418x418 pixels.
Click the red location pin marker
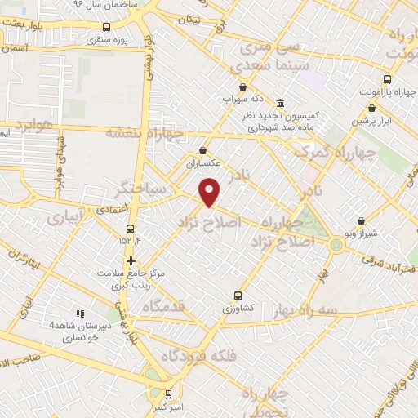pyautogui.click(x=211, y=193)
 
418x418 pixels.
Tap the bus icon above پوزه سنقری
pyautogui.click(x=106, y=27)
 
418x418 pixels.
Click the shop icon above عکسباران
pyautogui.click(x=203, y=151)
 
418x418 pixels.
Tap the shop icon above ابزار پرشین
pyautogui.click(x=372, y=108)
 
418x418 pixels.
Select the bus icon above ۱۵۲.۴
pyautogui.click(x=131, y=228)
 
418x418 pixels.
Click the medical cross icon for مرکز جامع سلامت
pyautogui.click(x=131, y=260)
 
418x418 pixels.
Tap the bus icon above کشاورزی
pyautogui.click(x=238, y=296)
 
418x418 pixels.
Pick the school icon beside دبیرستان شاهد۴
pyautogui.click(x=80, y=313)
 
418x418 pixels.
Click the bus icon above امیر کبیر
pyautogui.click(x=168, y=394)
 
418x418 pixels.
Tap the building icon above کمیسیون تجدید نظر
pyautogui.click(x=280, y=104)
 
